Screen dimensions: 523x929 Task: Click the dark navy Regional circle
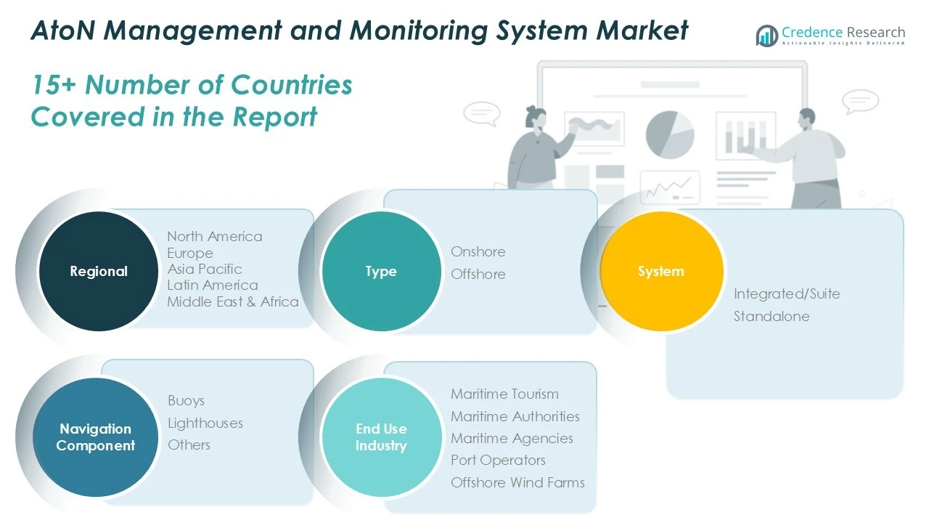pos(98,271)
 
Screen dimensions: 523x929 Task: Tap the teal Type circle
pos(381,271)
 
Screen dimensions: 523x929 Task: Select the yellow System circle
pos(661,271)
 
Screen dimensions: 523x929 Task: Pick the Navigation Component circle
pos(96,437)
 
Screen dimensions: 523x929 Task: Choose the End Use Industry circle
pos(381,437)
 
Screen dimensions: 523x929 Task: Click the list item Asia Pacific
pos(205,269)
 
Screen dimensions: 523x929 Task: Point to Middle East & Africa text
pos(233,301)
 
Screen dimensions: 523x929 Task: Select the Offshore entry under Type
pos(478,274)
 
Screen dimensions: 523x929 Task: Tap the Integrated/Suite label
pos(787,293)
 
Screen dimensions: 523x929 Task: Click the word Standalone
pos(771,316)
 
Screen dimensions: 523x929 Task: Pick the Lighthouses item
pos(205,423)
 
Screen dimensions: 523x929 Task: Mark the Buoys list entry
pos(186,400)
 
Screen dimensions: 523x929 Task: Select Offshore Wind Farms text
pos(517,482)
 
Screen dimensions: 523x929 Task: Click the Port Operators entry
pos(498,460)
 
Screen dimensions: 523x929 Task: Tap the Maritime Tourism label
pos(504,394)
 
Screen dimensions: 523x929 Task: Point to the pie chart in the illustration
pos(670,134)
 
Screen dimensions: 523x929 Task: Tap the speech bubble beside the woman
pos(481,113)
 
